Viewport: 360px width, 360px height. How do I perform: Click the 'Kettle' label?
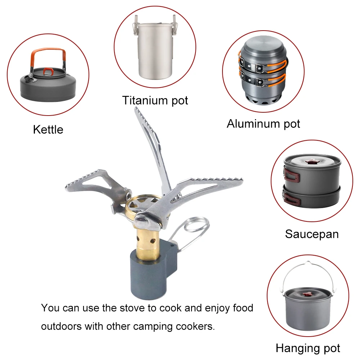coord(48,130)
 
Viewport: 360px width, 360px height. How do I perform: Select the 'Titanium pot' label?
coord(155,100)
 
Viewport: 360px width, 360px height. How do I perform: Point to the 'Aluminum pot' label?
coord(264,124)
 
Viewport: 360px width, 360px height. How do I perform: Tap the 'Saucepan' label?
coord(312,234)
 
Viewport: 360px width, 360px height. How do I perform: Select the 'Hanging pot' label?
coord(308,348)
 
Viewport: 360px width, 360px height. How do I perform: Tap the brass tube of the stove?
coord(147,243)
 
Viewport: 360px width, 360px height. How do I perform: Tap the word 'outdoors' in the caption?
coord(61,327)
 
